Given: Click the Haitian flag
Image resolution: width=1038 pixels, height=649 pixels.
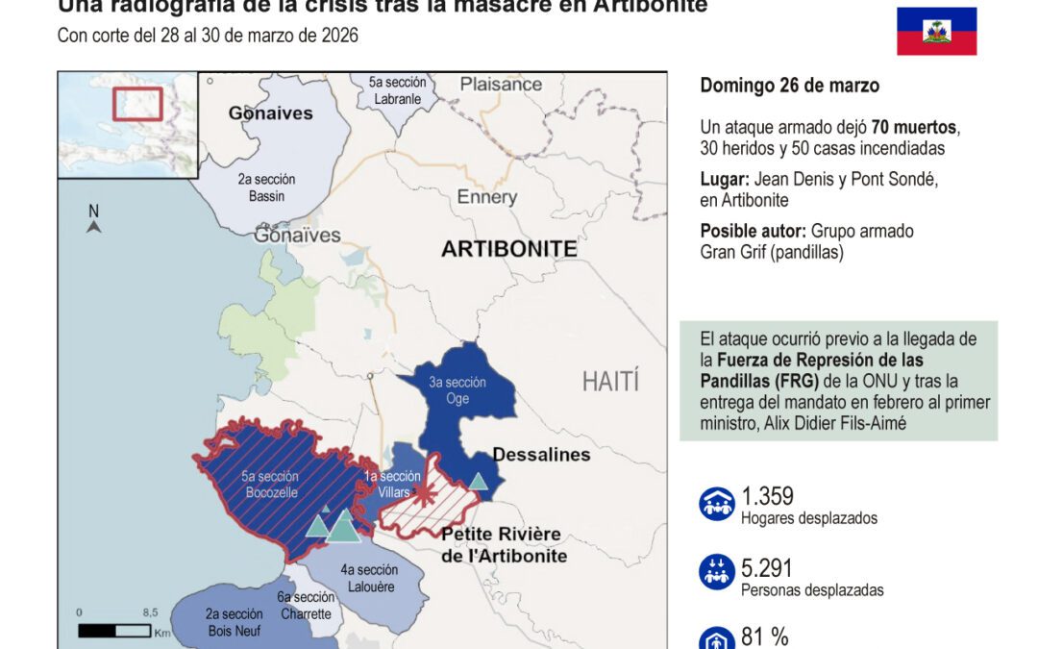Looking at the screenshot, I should coord(936,31).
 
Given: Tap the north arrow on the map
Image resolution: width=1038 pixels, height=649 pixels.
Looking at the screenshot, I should coord(93,220).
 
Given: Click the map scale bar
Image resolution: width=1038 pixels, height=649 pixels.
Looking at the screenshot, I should coord(114,631).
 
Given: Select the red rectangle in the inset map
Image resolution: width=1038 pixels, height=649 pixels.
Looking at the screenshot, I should coord(137,104).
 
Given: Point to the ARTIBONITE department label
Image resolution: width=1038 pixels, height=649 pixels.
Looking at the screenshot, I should coord(508,250).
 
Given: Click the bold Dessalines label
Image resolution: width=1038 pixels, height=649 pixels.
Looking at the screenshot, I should coord(541,455).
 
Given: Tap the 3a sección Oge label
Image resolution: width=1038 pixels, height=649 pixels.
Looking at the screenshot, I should coord(457,390).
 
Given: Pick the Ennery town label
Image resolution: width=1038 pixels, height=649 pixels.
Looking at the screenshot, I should coord(486,197).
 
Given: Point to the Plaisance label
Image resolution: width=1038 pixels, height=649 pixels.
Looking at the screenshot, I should coord(501,85).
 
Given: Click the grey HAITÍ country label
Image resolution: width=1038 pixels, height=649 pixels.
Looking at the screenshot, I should coord(609,381).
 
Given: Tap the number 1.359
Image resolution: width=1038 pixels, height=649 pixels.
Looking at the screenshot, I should coord(767,497).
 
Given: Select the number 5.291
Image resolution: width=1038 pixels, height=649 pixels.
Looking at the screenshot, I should coord(767,568).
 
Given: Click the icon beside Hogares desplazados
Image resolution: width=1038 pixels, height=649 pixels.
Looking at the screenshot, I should coord(717,504).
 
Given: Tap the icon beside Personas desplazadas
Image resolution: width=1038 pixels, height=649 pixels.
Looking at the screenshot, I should coord(717,574).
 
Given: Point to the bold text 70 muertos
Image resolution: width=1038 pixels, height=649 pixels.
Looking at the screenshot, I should coord(914,128).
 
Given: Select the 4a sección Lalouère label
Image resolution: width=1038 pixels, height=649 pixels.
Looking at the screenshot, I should coord(369,578).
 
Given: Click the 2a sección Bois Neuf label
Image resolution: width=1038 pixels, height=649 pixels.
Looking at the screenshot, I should coord(235,622).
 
